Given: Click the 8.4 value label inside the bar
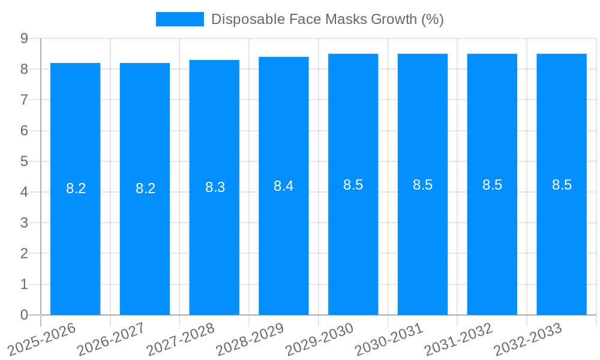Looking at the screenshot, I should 283,186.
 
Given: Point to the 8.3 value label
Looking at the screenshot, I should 215,187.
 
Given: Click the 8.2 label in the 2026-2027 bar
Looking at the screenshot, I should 145,188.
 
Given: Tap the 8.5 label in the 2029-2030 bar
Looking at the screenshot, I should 353,185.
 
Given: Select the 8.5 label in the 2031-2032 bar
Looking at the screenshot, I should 492,185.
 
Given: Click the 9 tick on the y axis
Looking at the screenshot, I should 24,38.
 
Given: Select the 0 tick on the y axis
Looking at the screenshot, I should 24,315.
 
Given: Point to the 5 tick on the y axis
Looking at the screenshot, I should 24,161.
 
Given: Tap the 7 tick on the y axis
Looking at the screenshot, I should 24,100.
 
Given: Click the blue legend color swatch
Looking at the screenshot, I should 179,19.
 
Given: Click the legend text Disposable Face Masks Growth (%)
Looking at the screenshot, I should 327,19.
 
